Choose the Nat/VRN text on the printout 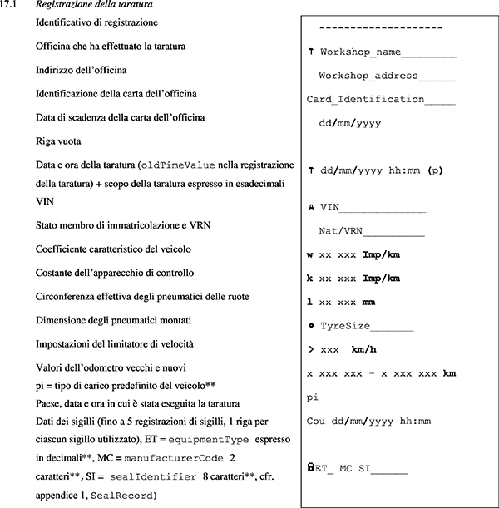[366, 230]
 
